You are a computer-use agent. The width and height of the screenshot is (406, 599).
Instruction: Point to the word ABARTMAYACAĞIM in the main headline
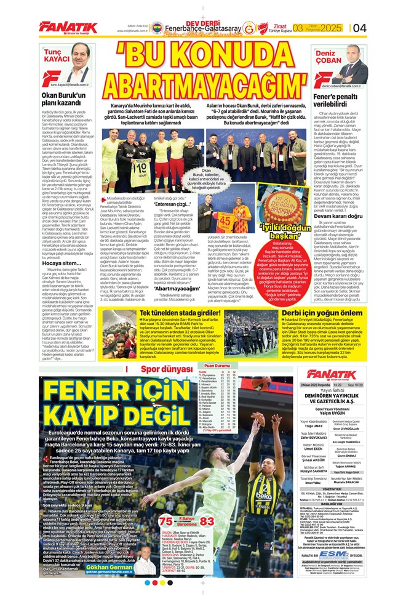coord(202,79)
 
